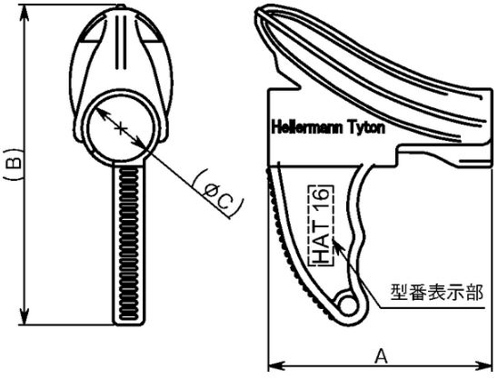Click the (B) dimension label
(14, 164)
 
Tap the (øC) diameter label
(218, 194)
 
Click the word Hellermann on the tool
(307, 128)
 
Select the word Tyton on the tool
(367, 128)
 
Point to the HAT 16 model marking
(321, 225)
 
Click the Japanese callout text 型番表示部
(437, 292)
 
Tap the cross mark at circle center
(120, 129)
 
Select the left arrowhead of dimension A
(276, 364)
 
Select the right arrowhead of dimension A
(484, 364)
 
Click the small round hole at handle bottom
(348, 305)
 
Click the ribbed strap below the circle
(129, 243)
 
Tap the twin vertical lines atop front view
(121, 42)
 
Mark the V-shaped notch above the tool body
(294, 85)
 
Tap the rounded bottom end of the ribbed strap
(129, 322)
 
